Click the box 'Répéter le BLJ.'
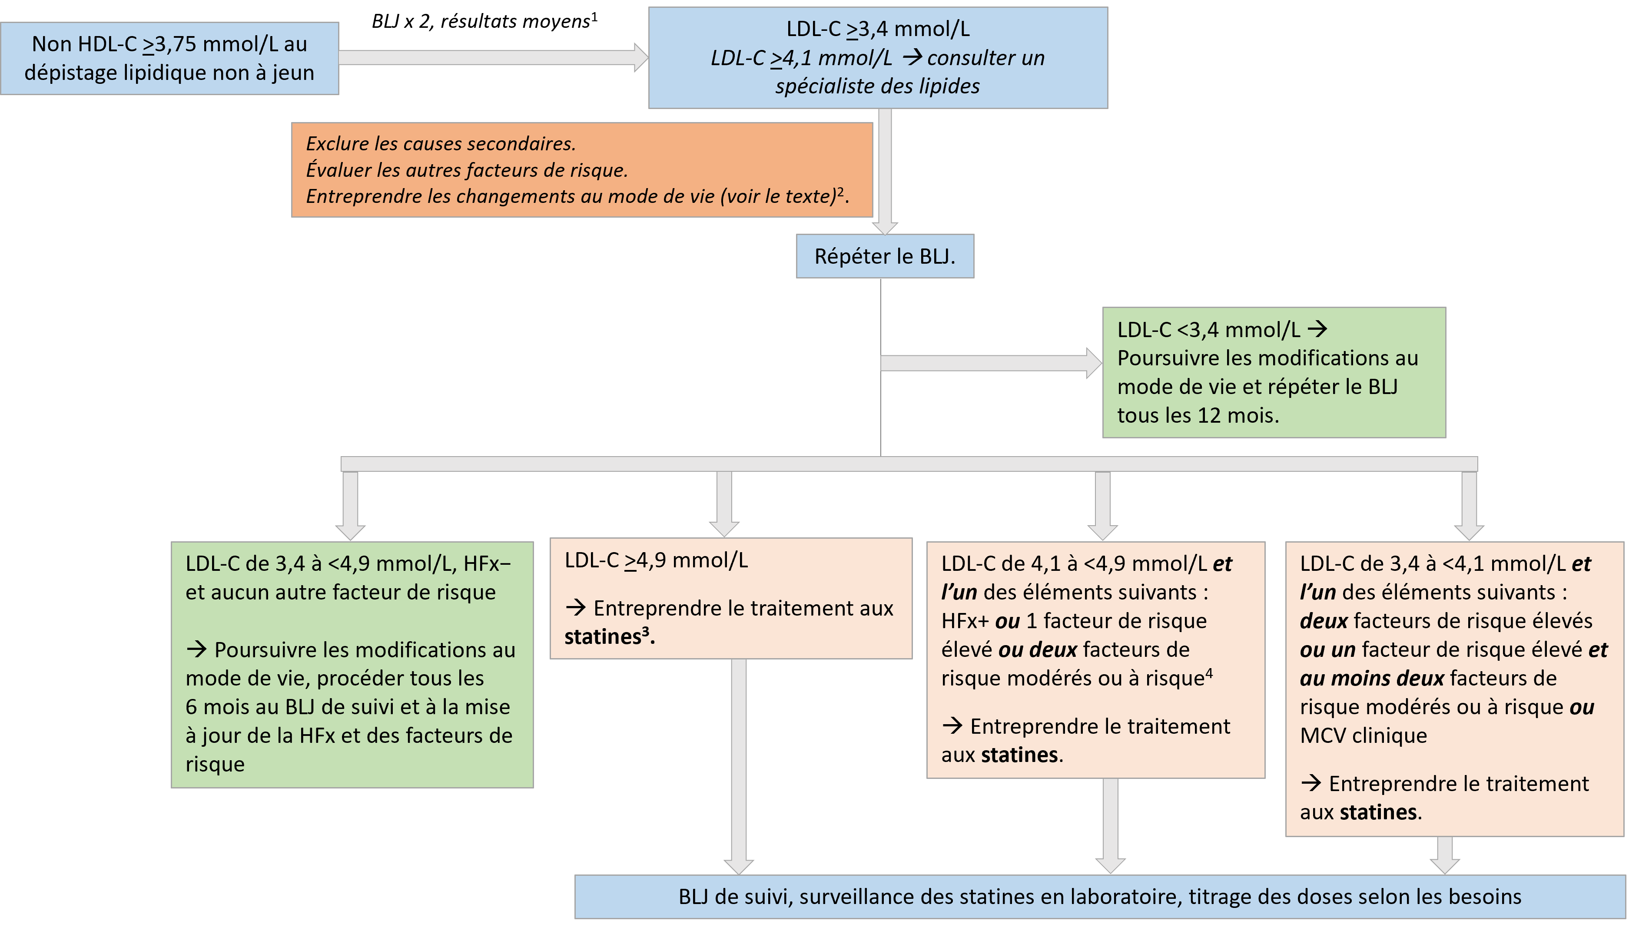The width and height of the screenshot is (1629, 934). click(x=885, y=256)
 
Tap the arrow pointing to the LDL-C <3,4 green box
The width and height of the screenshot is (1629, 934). click(x=991, y=363)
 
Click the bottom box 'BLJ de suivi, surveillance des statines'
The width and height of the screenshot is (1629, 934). click(x=1100, y=896)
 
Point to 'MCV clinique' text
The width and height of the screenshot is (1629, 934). click(x=1364, y=735)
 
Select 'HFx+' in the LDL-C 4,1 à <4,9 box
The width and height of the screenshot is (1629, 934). click(x=965, y=621)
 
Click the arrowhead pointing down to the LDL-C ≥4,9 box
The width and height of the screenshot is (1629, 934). click(x=724, y=527)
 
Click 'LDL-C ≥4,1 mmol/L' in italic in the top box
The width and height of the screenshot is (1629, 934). click(x=801, y=58)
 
